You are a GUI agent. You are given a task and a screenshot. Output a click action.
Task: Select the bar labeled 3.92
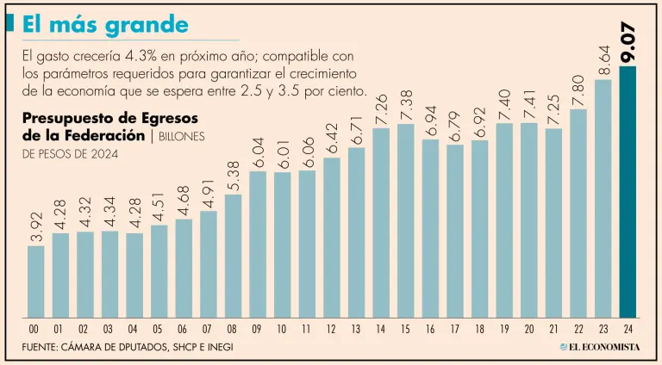coord(35,281)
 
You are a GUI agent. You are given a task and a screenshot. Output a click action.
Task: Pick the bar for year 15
coord(406,220)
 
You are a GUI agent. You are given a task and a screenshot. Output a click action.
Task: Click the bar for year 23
coord(603,198)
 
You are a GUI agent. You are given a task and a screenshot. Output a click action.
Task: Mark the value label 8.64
coord(603,60)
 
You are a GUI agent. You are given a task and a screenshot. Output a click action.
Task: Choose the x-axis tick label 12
coord(332,329)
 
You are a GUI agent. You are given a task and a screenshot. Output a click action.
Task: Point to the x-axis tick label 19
coord(505,329)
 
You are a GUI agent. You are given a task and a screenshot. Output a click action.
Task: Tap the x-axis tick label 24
coord(628,329)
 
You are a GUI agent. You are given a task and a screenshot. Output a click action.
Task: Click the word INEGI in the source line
coord(217,347)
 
